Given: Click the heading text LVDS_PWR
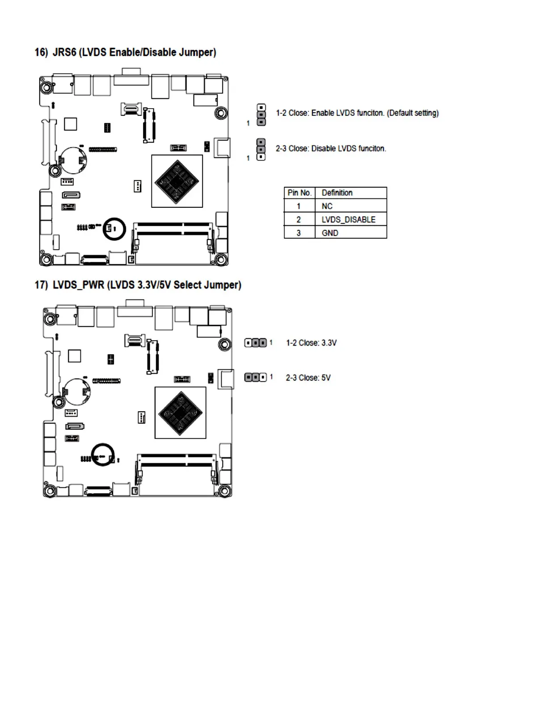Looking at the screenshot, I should pos(78,285).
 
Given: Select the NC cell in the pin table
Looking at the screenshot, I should pos(327,206).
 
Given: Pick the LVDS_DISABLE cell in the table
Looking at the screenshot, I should pos(348,219).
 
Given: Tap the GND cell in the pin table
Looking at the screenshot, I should pos(330,233).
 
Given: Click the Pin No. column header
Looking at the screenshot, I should pos(299,193).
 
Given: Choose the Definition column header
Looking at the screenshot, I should pos(337,193).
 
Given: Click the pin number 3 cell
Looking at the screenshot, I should pos(299,233).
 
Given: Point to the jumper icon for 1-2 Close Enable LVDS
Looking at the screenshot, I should pos(261,115).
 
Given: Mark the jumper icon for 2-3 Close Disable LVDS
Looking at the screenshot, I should pos(261,149).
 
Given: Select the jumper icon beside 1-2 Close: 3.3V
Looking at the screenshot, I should pos(256,343).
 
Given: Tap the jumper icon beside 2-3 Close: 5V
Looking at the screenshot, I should pos(256,378).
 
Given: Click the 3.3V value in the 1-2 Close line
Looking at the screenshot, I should pos(329,343).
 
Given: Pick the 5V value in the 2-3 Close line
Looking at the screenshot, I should pos(326,378).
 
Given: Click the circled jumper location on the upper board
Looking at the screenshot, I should pos(114,229).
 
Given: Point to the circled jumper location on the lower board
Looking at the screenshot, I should pos(102,455).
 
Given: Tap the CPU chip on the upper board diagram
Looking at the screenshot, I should pos(177,181).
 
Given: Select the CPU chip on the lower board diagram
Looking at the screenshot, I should pos(180,413).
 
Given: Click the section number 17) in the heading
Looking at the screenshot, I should pos(41,285).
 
